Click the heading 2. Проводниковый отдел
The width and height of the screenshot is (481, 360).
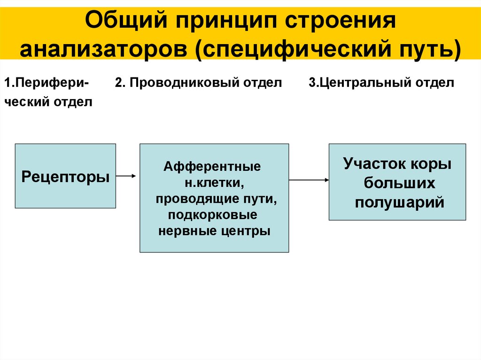point(198,83)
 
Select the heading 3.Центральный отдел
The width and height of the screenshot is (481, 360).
point(381,83)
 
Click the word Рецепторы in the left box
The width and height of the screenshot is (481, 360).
point(66,177)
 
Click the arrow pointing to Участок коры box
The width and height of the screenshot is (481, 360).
point(309,180)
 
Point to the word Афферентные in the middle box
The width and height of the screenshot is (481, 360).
point(212,167)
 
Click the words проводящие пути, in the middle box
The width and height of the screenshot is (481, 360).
point(216,199)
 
